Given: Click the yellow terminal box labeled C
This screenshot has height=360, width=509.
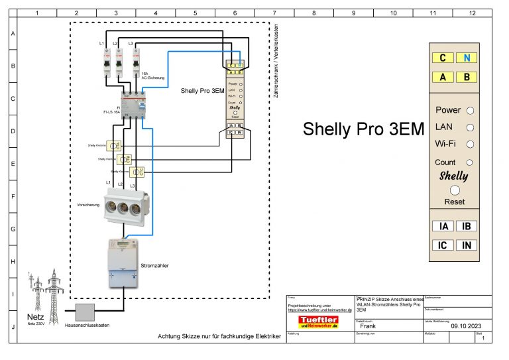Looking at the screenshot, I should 442,58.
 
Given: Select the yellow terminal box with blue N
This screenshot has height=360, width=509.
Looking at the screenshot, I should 467,58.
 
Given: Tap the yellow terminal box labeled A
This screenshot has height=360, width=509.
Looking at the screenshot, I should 442,77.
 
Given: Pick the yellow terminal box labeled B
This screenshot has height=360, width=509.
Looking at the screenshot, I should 467,77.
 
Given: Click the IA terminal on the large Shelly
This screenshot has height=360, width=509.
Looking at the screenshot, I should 443,226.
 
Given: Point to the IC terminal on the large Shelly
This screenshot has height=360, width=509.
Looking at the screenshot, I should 443,245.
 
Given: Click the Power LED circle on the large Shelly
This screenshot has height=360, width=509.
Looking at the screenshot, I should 470,111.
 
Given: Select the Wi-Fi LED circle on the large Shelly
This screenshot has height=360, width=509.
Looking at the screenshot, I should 470,143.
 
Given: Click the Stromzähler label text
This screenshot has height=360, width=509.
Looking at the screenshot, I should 154,265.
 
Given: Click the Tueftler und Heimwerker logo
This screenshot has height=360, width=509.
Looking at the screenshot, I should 318,322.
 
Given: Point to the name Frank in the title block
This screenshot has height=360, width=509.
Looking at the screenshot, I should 368,326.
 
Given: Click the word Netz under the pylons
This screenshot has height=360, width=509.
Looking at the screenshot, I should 35,316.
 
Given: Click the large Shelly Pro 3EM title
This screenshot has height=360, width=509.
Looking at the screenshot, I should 363,129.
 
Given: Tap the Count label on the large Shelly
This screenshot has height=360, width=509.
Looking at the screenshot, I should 445,162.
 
